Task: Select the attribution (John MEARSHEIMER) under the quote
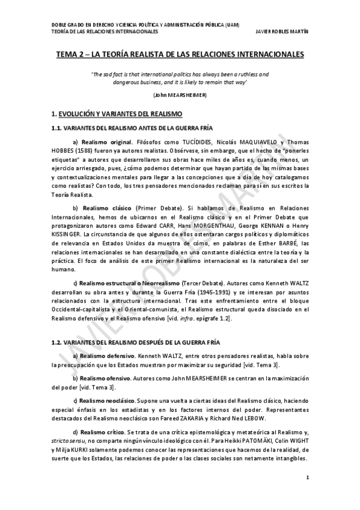coord(180,95)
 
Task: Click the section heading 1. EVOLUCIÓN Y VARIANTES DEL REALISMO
coord(113,113)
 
